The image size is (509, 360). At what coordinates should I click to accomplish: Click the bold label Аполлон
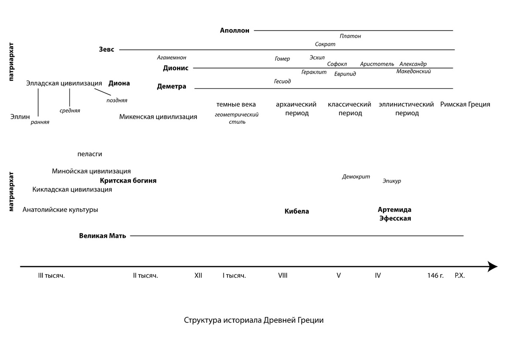[x=235, y=31]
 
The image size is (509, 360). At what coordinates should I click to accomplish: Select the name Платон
[x=350, y=36]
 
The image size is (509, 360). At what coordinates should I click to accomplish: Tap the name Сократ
[x=325, y=45]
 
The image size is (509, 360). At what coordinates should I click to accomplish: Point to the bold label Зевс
[x=106, y=50]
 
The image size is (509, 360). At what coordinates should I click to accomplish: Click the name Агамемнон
[x=171, y=58]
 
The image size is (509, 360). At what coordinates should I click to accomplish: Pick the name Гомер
[x=282, y=59]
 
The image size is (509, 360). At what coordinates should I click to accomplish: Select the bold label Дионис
[x=175, y=68]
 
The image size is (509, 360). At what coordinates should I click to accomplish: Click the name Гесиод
[x=282, y=81]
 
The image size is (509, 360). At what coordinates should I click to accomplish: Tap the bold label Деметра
[x=171, y=87]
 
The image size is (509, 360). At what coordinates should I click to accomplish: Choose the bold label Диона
[x=119, y=84]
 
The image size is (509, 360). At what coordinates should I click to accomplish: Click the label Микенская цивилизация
[x=158, y=117]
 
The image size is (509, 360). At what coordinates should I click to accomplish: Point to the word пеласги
[x=90, y=154]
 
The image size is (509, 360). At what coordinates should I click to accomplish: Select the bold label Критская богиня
[x=128, y=181]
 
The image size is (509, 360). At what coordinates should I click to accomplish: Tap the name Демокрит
[x=356, y=177]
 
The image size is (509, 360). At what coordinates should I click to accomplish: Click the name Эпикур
[x=392, y=181]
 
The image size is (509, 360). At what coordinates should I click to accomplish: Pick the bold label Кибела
[x=296, y=211]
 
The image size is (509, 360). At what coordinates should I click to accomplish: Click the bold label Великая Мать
[x=103, y=236]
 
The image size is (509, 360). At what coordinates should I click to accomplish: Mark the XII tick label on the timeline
[x=198, y=276]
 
